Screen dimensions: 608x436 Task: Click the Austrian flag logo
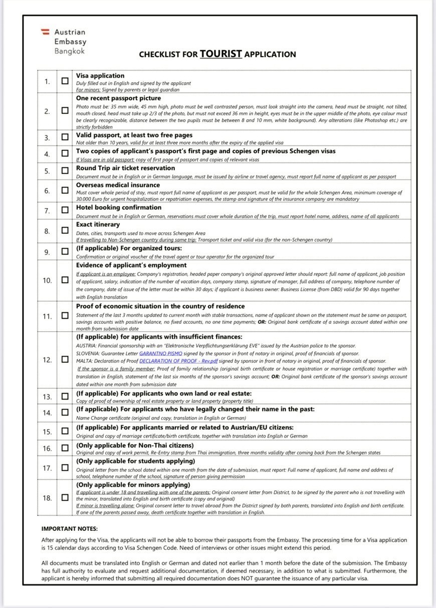(x=46, y=32)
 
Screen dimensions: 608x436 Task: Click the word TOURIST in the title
(x=221, y=54)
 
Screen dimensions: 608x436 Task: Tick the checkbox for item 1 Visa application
(x=65, y=81)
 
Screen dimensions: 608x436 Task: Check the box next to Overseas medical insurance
(x=65, y=190)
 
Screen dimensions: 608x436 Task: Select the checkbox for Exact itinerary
(x=65, y=231)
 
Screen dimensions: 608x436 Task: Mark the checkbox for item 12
(x=65, y=359)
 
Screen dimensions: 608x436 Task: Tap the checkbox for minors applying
(x=65, y=498)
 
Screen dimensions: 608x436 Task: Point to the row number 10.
(x=47, y=280)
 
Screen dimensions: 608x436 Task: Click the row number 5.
(x=47, y=171)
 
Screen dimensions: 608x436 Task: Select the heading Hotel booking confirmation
(x=119, y=208)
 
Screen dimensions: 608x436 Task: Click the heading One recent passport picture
(x=118, y=98)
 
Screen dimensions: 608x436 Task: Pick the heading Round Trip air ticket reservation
(x=125, y=168)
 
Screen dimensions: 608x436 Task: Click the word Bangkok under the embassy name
(x=70, y=51)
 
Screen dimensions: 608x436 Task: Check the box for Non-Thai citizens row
(x=65, y=449)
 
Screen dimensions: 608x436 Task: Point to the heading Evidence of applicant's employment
(x=131, y=265)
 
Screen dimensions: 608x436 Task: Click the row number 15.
(x=47, y=432)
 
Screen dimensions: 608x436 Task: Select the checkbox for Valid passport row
(x=65, y=137)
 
